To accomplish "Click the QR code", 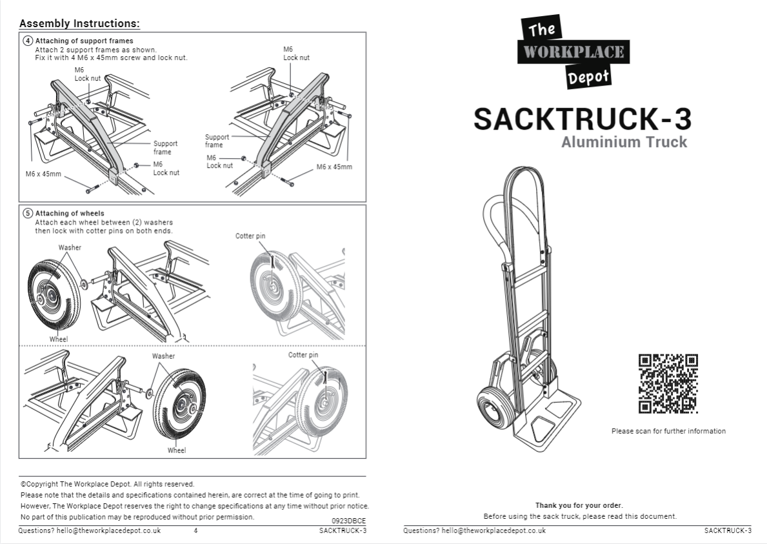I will coord(668,383).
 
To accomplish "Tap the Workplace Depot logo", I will coord(573,52).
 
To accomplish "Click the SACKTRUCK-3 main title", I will coord(582,119).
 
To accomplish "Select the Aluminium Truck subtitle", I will coord(624,142).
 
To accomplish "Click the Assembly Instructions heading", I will coord(79,24).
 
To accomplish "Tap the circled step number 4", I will coord(28,41).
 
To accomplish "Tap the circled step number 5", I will coord(28,213).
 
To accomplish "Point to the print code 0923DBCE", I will coord(349,520).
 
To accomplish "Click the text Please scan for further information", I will coord(668,431).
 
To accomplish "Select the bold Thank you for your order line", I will coord(579,505).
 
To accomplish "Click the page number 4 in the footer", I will coord(195,530).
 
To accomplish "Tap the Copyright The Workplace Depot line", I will coord(107,484).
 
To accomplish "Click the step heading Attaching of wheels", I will coord(70,213).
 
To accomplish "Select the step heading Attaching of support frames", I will coord(84,41).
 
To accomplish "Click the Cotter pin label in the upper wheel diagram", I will coord(250,236).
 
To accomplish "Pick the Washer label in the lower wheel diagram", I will coord(163,356).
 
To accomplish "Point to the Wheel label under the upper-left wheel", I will coord(58,339).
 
